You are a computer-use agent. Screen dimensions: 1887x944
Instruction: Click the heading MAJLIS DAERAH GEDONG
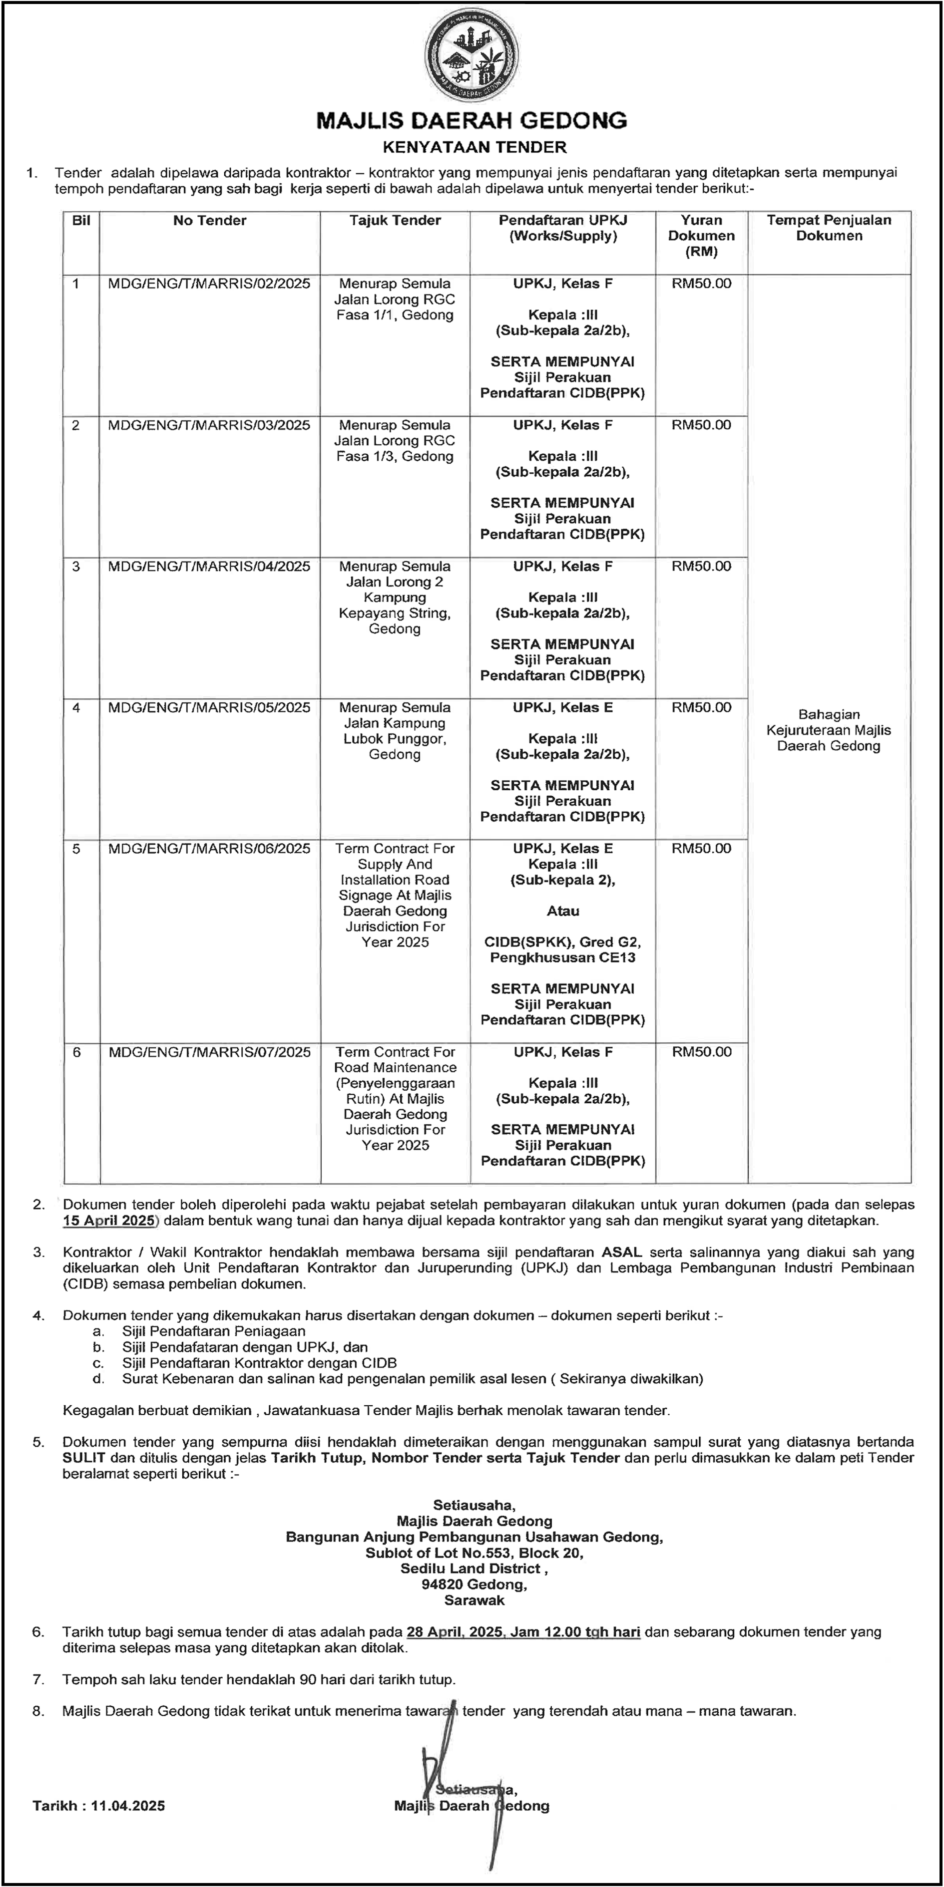472,121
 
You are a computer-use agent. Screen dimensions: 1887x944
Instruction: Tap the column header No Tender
210,221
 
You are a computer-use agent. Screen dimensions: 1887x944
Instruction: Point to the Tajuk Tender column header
395,221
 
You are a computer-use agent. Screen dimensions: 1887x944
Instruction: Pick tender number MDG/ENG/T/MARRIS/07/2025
210,1052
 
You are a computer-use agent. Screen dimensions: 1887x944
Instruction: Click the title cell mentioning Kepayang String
395,597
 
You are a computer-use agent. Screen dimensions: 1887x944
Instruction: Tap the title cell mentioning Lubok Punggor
395,731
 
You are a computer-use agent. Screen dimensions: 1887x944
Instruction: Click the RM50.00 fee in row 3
701,566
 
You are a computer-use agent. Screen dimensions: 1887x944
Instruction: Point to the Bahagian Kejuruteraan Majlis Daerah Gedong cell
829,730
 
